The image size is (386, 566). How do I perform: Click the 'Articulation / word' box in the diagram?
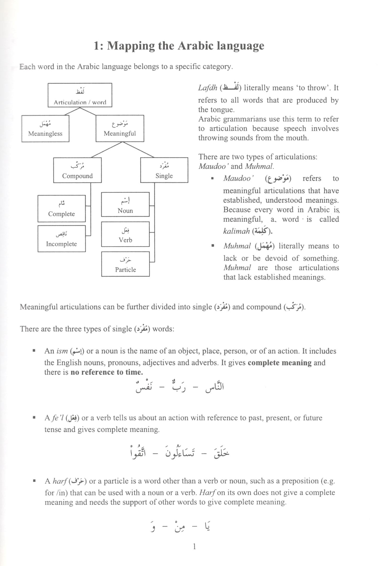(x=80, y=95)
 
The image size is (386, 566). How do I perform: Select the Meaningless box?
(x=45, y=129)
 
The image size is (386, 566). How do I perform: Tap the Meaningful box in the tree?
(x=120, y=129)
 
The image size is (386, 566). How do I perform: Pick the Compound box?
(x=77, y=170)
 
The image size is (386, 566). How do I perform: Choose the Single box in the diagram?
(x=164, y=170)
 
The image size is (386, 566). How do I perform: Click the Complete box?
(x=62, y=209)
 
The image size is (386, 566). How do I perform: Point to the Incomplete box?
(x=62, y=239)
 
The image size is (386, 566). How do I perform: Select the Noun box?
(x=125, y=205)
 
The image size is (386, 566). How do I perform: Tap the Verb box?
(x=125, y=234)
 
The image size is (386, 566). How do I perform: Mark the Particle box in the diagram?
(x=126, y=264)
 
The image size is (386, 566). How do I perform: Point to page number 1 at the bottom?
(x=194, y=547)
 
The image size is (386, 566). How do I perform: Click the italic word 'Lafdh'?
(x=208, y=88)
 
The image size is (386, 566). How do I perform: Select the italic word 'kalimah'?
(x=236, y=231)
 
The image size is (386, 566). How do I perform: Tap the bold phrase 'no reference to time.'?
(x=107, y=372)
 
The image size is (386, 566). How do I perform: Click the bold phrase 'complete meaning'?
(x=279, y=363)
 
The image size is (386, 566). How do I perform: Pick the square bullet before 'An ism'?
(x=34, y=351)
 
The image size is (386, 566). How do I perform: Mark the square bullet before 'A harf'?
(x=34, y=481)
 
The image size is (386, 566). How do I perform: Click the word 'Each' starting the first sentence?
(x=27, y=67)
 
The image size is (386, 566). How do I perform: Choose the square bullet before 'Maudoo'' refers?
(x=212, y=179)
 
